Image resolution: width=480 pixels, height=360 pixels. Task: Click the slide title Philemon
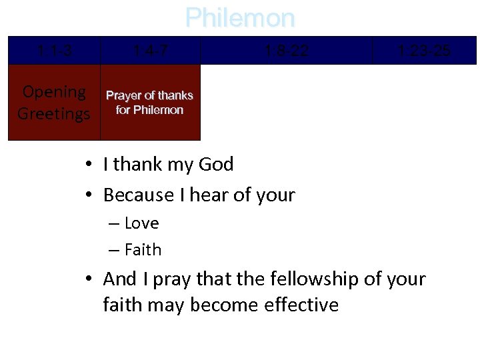pos(239,18)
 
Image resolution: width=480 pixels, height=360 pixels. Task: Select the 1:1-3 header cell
pos(54,51)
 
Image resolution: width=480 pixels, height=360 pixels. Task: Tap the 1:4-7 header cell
pos(150,51)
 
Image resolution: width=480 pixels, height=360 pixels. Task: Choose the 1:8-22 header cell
pos(286,51)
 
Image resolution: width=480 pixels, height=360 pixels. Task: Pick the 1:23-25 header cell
pos(423,51)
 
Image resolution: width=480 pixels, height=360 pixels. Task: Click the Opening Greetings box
pos(54,102)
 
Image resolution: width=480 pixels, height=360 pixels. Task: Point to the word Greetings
pos(54,113)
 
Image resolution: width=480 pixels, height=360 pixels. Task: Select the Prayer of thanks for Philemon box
pos(150,102)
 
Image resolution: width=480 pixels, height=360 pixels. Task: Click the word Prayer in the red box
pos(125,95)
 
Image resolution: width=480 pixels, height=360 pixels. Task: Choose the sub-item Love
pos(141,223)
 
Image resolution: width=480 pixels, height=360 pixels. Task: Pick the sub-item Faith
pos(143,250)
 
